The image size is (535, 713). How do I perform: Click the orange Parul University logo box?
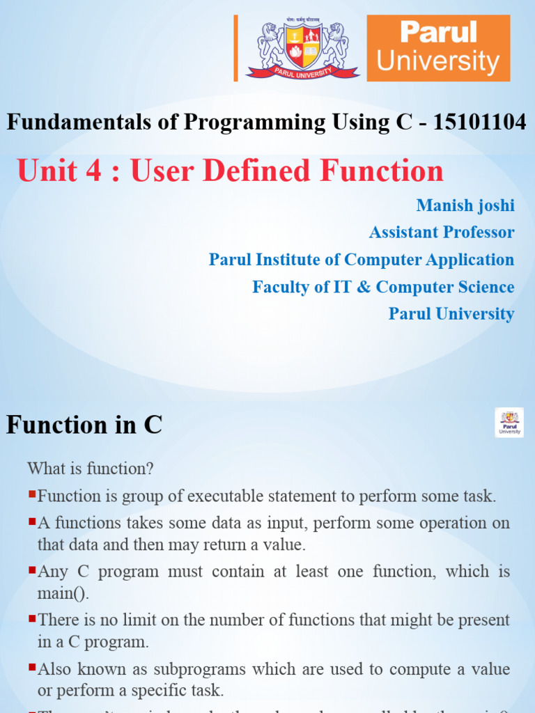click(438, 48)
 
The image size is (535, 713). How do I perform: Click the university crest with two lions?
click(302, 48)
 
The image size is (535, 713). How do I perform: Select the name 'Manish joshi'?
click(465, 205)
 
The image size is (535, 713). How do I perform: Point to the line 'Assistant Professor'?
click(442, 233)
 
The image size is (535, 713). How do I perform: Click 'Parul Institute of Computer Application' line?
click(361, 260)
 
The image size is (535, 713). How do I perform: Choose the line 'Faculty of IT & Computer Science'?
click(383, 287)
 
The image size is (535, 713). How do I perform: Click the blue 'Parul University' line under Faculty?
click(451, 314)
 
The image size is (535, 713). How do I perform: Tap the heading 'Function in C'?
click(84, 424)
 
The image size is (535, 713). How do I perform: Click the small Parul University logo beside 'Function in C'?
click(509, 423)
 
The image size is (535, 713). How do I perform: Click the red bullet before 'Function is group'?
click(32, 494)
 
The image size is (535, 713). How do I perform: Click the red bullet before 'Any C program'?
click(32, 570)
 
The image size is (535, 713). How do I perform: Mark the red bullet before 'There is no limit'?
click(32, 618)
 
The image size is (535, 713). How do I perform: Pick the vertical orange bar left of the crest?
click(236, 48)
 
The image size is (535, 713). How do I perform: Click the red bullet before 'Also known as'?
click(32, 667)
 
